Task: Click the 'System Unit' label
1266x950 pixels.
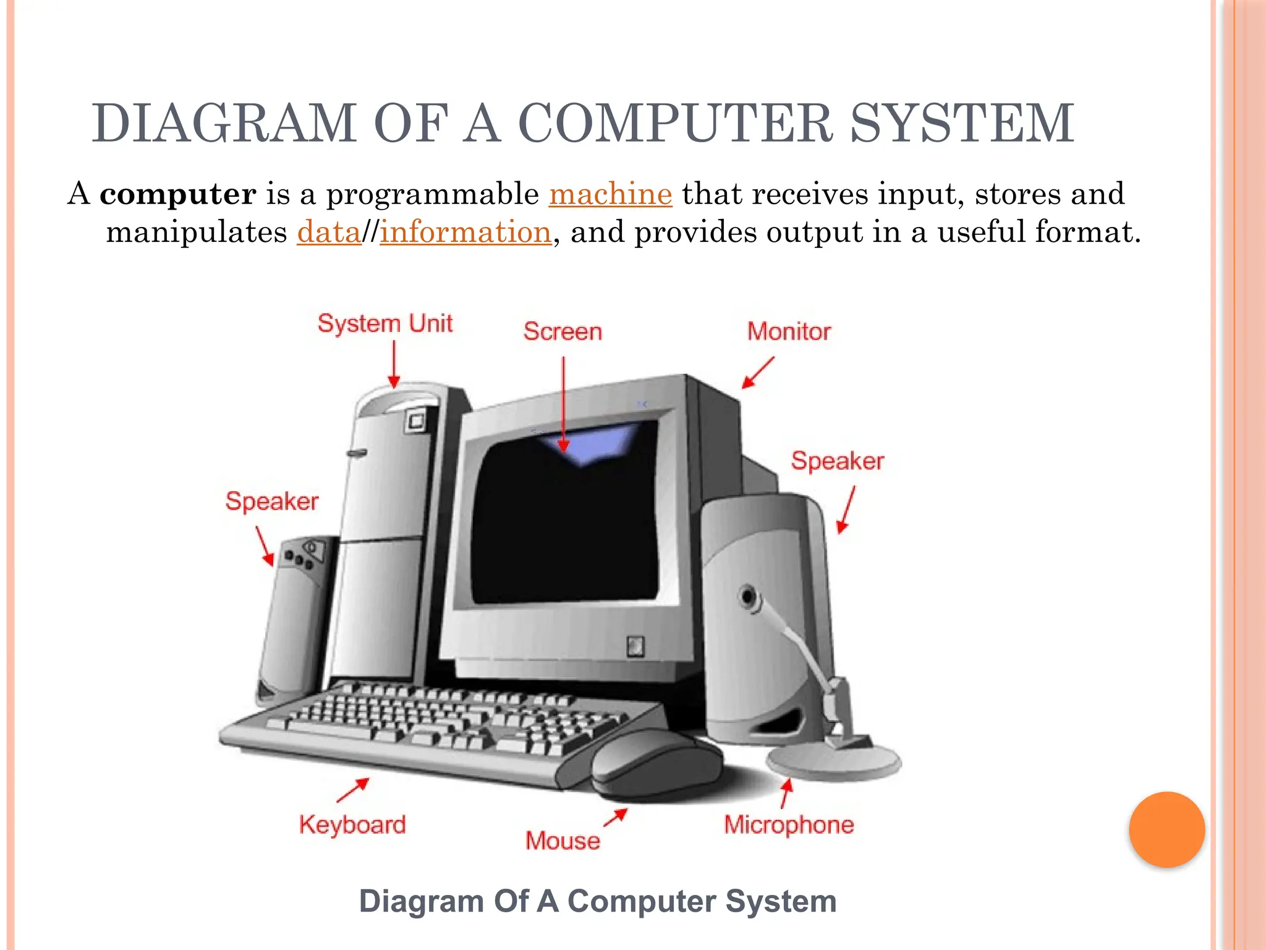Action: coord(384,323)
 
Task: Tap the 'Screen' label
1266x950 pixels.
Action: coord(563,332)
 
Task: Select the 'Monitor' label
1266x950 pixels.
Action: coord(789,332)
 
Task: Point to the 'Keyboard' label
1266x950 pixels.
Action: coord(352,825)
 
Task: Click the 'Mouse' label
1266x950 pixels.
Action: coord(563,841)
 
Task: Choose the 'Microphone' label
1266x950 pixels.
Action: coord(789,825)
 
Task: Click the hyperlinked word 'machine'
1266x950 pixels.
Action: coord(610,194)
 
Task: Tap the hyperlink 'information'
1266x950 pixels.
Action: coord(465,233)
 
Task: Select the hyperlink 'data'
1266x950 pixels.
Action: coord(328,233)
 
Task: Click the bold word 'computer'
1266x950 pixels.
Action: coord(178,194)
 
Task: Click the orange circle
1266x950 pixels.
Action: coord(1166,829)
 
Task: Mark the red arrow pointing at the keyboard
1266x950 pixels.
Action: coord(354,789)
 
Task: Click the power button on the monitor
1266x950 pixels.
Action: coord(635,646)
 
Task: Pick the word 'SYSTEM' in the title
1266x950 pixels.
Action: coord(962,124)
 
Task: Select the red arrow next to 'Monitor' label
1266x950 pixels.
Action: coord(757,372)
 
